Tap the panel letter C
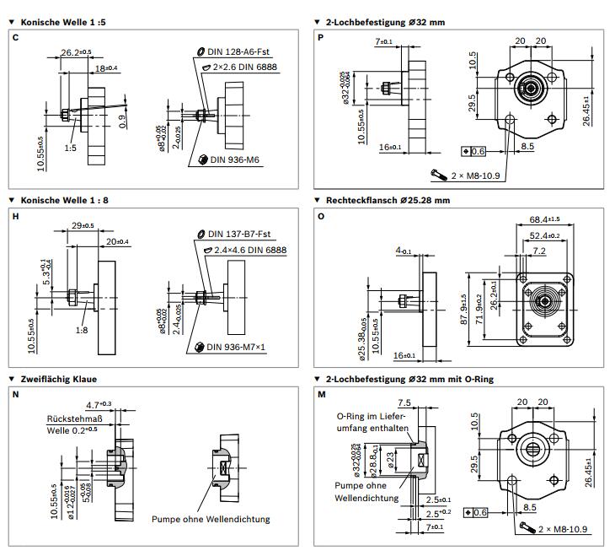click(15, 38)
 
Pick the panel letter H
click(15, 217)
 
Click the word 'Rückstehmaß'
click(76, 418)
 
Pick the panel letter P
click(321, 38)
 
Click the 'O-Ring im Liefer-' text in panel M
click(372, 416)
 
